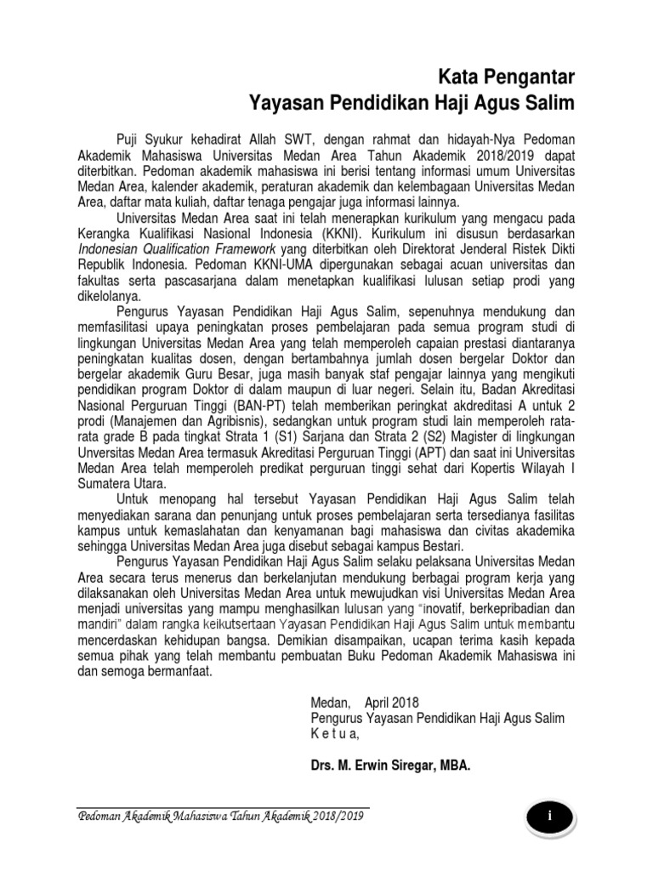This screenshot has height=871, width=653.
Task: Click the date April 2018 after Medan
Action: tap(392, 703)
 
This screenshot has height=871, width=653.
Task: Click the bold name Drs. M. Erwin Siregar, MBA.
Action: tap(390, 765)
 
